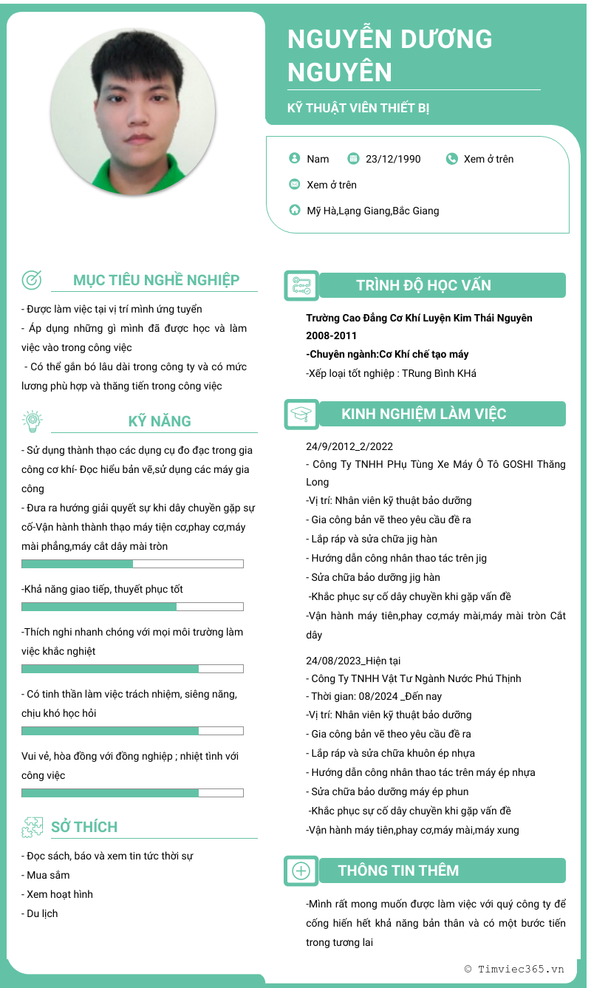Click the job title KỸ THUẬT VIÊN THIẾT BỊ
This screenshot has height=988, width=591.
click(x=358, y=108)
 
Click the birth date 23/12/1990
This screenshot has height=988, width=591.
click(x=393, y=159)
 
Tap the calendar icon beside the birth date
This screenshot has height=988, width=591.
click(x=353, y=158)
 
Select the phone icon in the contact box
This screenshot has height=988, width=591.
click(x=452, y=158)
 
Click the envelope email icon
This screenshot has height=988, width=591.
click(x=295, y=184)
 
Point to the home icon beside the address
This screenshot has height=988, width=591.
click(x=295, y=210)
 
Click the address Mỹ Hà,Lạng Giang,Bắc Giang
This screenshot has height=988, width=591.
click(x=373, y=211)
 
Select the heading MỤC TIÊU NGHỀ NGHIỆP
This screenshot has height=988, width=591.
click(x=156, y=280)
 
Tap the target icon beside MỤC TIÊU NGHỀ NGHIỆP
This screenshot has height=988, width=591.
click(x=32, y=279)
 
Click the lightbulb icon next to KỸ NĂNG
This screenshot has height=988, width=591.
click(x=32, y=420)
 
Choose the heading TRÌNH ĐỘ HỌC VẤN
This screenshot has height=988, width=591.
click(x=423, y=285)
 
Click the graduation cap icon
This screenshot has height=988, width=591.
click(x=301, y=414)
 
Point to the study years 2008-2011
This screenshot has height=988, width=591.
click(x=332, y=335)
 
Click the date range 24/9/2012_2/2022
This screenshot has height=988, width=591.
click(x=349, y=446)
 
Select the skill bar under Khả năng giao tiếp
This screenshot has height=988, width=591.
click(x=132, y=607)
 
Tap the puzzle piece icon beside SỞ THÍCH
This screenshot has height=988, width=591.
click(x=33, y=827)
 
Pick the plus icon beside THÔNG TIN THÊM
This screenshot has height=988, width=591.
click(x=301, y=871)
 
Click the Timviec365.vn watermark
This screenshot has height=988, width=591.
click(x=514, y=969)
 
